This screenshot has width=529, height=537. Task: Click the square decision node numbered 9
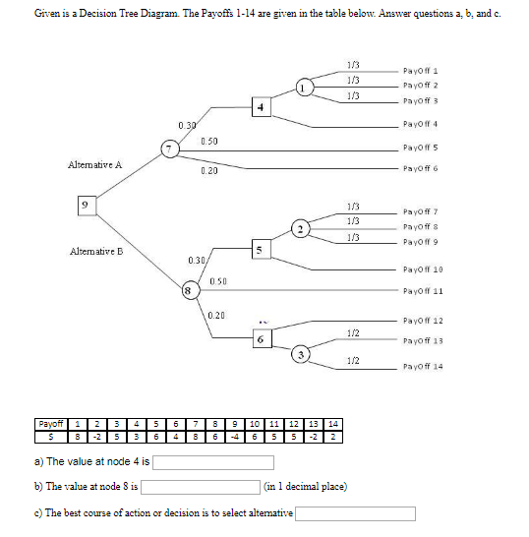tap(88, 205)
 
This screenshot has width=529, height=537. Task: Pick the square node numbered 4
tap(260, 106)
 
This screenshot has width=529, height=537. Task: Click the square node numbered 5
tap(259, 250)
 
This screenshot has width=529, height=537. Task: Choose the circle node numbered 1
tap(306, 89)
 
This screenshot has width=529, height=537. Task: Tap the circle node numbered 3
tap(304, 353)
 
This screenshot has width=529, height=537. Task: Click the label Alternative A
tap(95, 164)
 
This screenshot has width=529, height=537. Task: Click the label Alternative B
tap(95, 253)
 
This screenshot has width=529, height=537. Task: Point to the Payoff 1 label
tap(419, 71)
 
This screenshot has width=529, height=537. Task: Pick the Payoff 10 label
tap(422, 268)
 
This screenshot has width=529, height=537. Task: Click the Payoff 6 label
tap(419, 169)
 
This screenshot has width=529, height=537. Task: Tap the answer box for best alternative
tap(355, 512)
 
